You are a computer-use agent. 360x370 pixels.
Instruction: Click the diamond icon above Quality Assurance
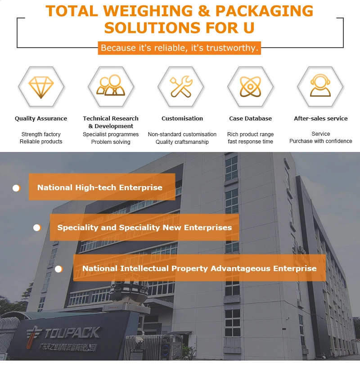(41, 86)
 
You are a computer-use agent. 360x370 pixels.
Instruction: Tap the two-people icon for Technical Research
(111, 85)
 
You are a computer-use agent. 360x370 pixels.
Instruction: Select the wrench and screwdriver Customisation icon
(181, 86)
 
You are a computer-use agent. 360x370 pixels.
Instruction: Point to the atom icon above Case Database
(250, 86)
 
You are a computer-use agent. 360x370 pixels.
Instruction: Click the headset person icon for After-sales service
(320, 85)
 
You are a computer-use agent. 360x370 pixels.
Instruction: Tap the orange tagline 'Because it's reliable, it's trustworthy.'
(179, 48)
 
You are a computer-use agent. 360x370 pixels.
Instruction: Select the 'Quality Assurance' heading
(41, 119)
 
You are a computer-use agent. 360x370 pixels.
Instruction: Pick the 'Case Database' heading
(251, 119)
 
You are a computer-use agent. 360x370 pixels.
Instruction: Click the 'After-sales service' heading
(321, 119)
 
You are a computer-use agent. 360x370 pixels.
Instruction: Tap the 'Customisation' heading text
(182, 119)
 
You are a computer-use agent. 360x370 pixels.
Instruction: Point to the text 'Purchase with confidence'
(321, 141)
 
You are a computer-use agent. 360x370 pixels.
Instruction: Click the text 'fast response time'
(251, 142)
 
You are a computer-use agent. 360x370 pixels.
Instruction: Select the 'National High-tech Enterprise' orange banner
(102, 187)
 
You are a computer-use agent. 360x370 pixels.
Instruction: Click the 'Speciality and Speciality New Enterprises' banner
(144, 227)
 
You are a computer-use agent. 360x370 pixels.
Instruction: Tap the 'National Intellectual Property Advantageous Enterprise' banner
(199, 268)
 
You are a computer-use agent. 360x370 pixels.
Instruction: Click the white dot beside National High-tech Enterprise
(16, 188)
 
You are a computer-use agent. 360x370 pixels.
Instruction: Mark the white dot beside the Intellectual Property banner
(58, 269)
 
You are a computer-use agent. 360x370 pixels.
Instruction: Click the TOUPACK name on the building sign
(72, 333)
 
